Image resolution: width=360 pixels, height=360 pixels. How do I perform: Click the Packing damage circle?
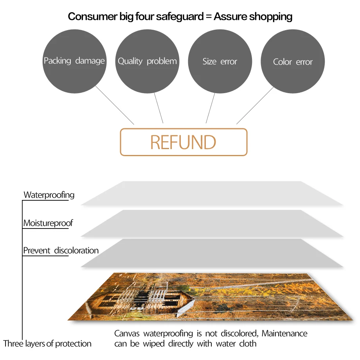click(x=74, y=61)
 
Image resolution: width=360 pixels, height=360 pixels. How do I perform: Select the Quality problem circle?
click(x=147, y=61)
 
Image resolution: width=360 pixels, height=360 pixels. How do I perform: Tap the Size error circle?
click(x=220, y=61)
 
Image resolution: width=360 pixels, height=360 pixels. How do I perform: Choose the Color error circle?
click(x=293, y=62)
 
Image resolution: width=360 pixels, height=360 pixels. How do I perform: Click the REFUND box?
click(x=184, y=142)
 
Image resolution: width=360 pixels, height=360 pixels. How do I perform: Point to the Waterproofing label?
click(x=49, y=195)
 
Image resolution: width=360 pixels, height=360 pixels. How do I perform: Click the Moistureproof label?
click(x=48, y=223)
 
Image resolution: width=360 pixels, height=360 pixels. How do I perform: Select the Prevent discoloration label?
click(x=61, y=250)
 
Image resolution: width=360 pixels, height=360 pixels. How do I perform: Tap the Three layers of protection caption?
click(x=47, y=344)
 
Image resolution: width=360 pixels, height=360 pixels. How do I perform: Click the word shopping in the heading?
click(x=271, y=17)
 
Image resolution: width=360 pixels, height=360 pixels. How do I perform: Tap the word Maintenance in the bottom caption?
click(x=284, y=334)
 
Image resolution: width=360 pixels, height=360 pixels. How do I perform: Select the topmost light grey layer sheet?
click(x=212, y=193)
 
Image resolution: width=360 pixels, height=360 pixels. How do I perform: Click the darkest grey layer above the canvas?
click(x=212, y=253)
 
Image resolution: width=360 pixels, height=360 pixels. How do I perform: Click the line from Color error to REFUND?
click(x=255, y=105)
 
